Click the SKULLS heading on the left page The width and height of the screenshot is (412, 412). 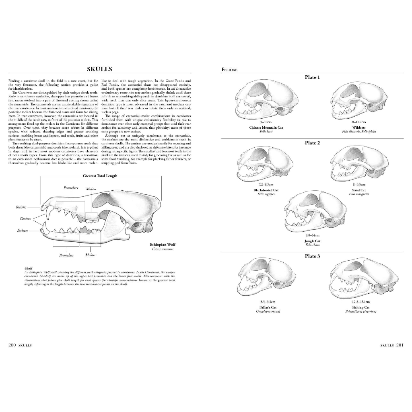99,69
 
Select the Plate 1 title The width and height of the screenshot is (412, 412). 312,77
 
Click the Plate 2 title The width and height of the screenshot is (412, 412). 312,143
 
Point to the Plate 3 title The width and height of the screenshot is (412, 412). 312,256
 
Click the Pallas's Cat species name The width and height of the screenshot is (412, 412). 268,307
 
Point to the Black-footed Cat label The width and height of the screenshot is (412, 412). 266,190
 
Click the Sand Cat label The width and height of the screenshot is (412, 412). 359,190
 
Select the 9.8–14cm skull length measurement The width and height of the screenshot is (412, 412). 312,235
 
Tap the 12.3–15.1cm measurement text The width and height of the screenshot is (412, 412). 360,302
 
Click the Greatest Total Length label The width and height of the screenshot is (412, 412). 100,176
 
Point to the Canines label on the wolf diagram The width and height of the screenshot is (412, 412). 26,219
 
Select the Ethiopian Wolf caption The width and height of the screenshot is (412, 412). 163,245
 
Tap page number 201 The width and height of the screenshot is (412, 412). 400,345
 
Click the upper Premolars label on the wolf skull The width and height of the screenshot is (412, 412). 70,188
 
